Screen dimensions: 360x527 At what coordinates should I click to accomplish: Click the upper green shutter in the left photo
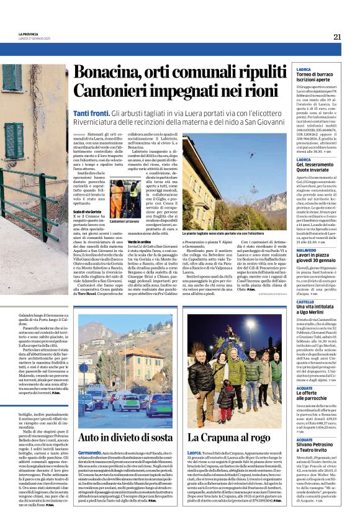click(x=12, y=78)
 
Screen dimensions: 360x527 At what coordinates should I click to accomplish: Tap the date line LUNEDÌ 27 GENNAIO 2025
click(x=35, y=38)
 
